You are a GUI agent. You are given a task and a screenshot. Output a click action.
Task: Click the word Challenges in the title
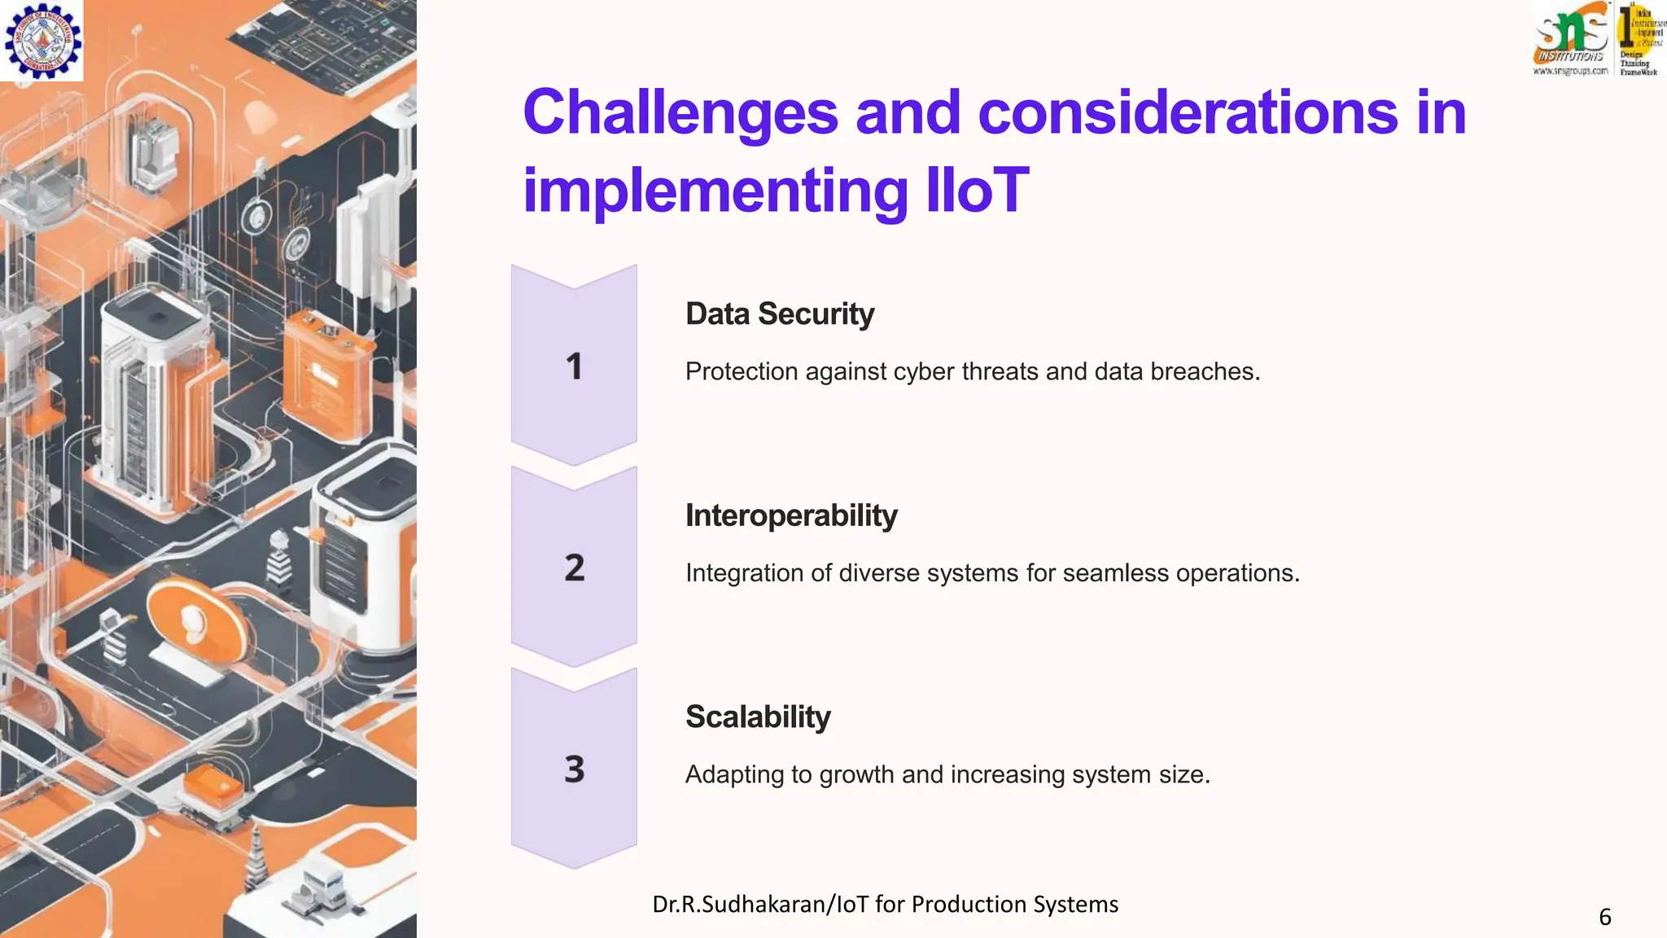coord(680,112)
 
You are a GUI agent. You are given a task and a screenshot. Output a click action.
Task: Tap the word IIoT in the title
coord(978,191)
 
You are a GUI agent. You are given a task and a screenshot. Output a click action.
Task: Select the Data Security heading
coord(779,313)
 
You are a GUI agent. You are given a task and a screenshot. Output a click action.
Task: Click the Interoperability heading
coord(790,515)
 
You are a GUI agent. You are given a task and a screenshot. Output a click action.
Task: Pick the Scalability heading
coord(757,717)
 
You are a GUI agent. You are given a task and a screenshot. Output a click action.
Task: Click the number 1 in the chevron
coord(574,366)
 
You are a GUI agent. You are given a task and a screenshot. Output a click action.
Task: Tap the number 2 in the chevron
coord(574,568)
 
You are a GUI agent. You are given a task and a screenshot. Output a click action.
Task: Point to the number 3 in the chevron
coord(574,769)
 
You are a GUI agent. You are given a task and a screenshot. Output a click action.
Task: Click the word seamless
coord(1115,572)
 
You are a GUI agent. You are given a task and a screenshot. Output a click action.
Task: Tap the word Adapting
coord(736,774)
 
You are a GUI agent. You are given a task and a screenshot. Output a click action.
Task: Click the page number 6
coord(1604,917)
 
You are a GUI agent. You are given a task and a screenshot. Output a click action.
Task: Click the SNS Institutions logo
coord(1570,38)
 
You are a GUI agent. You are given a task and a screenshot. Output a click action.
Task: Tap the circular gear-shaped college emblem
coord(42,40)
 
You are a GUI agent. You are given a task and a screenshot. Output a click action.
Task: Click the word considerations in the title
coord(1187,112)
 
